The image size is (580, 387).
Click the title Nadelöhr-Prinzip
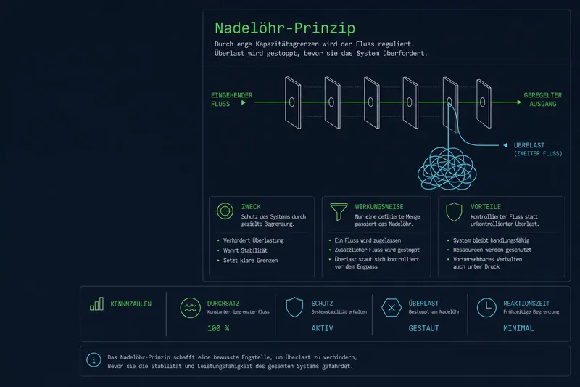[x=285, y=28]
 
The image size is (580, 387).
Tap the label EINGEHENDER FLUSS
[x=231, y=99]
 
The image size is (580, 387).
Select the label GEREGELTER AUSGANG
[x=542, y=99]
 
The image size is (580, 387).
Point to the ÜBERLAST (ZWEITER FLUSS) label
[x=538, y=149]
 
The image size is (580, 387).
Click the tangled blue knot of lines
[x=447, y=168]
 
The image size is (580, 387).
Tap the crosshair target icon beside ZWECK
[x=225, y=211]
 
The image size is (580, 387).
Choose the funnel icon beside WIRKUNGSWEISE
[x=339, y=212]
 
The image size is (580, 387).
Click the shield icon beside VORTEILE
[x=454, y=212]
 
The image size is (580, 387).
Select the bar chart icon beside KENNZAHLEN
[x=96, y=304]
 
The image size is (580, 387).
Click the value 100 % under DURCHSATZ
[x=218, y=328]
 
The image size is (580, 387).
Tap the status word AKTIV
[x=322, y=328]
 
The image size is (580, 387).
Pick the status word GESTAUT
[x=423, y=328]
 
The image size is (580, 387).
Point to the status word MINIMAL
[x=518, y=328]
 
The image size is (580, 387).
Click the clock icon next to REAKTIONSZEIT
[x=486, y=307]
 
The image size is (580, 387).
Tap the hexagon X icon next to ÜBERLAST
[x=391, y=307]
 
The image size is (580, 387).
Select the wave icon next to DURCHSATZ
[x=190, y=308]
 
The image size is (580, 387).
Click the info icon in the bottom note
[x=94, y=359]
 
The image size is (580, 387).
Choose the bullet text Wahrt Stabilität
[x=245, y=250]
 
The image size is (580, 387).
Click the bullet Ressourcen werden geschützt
[x=492, y=250]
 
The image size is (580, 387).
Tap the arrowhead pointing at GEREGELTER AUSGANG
[x=519, y=102]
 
